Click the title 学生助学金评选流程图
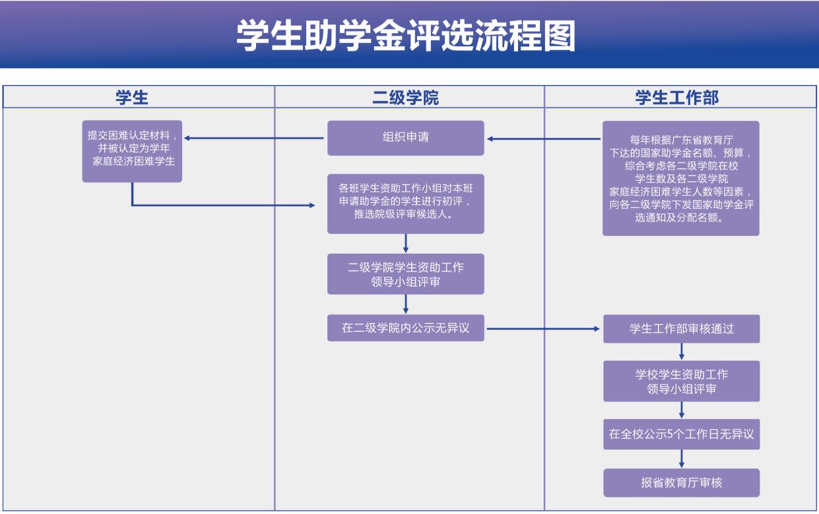[406, 36]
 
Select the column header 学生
[132, 98]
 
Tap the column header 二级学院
[406, 98]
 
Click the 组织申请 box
[406, 137]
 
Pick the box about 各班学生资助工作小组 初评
[406, 203]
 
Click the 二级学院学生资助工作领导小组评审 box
[406, 274]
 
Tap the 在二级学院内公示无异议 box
[406, 328]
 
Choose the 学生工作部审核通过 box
[681, 328]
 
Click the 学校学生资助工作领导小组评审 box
[681, 381]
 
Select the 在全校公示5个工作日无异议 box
[681, 435]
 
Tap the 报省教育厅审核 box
[681, 482]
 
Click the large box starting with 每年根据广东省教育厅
[681, 178]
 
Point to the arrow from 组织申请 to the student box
[254, 138]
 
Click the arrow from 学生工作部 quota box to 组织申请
[544, 139]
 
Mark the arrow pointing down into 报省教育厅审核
[682, 459]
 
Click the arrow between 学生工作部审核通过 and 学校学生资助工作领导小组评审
[682, 351]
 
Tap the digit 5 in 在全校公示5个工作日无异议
[671, 435]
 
